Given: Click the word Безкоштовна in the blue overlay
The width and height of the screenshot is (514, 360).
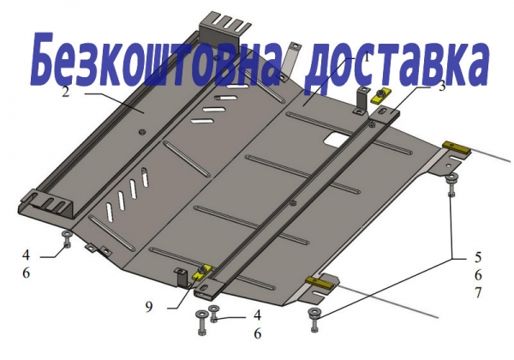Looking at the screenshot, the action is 152,59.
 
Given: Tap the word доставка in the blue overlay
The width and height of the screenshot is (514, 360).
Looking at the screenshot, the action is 396,64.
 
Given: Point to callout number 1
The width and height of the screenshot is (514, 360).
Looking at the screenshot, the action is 367,58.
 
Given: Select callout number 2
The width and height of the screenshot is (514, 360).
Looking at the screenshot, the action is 66,92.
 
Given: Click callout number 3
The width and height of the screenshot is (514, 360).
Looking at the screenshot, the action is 442,86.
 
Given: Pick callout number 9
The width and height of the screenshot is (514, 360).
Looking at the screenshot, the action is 149,306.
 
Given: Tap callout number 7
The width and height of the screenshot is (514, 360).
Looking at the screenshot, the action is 478,292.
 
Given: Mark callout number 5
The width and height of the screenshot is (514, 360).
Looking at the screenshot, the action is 478,257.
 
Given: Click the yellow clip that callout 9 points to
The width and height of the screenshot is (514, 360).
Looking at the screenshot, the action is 201,272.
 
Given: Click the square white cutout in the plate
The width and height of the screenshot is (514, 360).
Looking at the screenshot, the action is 335,139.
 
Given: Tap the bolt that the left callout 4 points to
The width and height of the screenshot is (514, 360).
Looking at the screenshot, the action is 67,238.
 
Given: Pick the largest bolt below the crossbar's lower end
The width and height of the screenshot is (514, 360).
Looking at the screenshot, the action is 201,322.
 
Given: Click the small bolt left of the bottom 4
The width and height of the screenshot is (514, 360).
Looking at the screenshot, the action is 214,313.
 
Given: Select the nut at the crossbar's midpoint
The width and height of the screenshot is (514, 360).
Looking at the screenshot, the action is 292,203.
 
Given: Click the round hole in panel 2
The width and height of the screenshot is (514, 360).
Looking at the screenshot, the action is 142,132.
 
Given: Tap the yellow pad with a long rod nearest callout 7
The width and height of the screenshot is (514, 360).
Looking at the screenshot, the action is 320,283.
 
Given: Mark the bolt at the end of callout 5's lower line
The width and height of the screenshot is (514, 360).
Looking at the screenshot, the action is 314,320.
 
